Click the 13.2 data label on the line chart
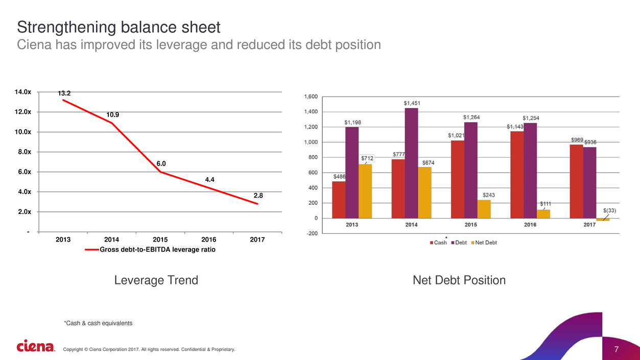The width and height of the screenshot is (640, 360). tap(64, 93)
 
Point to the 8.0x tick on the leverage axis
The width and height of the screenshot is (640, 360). tap(23, 152)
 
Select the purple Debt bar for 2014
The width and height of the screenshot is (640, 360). tap(411, 163)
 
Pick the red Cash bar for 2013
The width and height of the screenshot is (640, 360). tap(338, 200)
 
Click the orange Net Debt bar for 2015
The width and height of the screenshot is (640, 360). tap(484, 209)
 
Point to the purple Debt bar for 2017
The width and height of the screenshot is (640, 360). tap(589, 182)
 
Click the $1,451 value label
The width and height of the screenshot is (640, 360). tap(411, 103)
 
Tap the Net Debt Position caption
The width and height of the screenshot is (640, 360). tap(459, 280)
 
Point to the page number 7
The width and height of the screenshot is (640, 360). tap(617, 349)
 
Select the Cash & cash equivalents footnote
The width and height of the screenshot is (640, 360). tap(98, 323)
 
